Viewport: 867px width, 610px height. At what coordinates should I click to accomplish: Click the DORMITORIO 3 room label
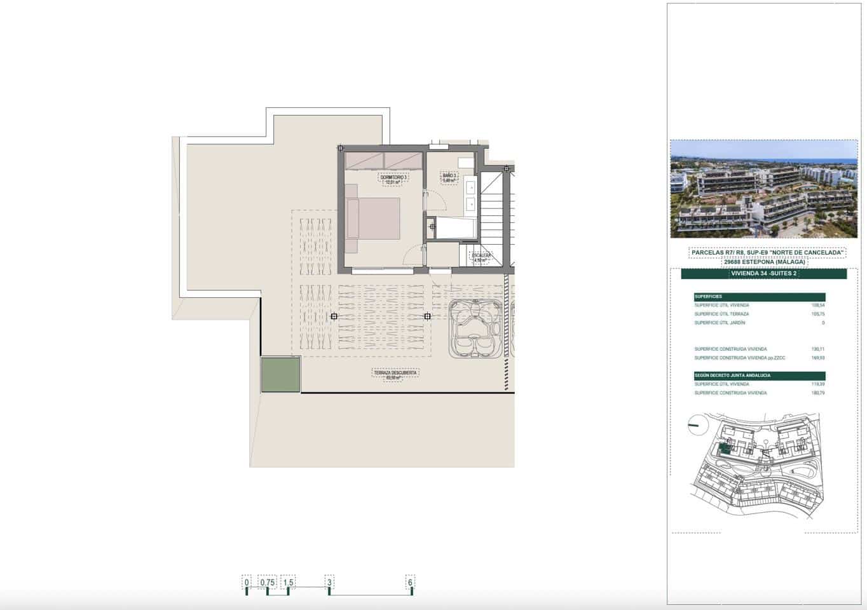393,179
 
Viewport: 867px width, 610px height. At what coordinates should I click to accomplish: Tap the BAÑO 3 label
449,177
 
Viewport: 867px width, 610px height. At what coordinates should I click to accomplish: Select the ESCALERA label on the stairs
481,257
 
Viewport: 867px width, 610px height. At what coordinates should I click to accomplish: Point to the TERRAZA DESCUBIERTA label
395,375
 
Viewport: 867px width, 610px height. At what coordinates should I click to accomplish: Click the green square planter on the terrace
280,374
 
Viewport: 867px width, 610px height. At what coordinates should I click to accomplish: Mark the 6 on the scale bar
410,582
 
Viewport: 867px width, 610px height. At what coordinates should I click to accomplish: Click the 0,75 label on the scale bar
267,582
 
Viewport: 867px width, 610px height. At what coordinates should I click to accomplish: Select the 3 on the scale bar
329,582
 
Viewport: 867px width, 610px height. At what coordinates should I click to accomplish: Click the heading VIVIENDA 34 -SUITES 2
763,274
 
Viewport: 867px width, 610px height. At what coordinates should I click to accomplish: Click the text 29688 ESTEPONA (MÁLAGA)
764,262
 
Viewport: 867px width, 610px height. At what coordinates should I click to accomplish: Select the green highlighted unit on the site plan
723,450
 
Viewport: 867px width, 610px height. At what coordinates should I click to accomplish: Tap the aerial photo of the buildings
763,189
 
